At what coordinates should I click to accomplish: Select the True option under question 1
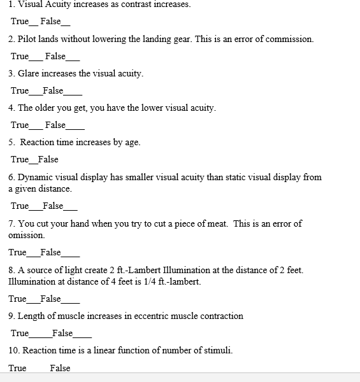pyautogui.click(x=20, y=22)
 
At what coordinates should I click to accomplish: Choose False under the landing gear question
pyautogui.click(x=55, y=56)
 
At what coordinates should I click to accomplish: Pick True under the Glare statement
pyautogui.click(x=20, y=90)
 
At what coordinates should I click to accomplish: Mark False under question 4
pyautogui.click(x=55, y=125)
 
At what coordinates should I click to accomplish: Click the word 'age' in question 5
pyautogui.click(x=132, y=142)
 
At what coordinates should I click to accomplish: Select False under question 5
pyautogui.click(x=48, y=159)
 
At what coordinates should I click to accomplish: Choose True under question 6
pyautogui.click(x=20, y=206)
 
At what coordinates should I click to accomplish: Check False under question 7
pyautogui.click(x=50, y=252)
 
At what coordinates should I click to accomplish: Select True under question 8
pyautogui.click(x=17, y=299)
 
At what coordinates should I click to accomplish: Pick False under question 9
pyautogui.click(x=62, y=333)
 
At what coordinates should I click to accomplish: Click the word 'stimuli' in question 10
pyautogui.click(x=218, y=350)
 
